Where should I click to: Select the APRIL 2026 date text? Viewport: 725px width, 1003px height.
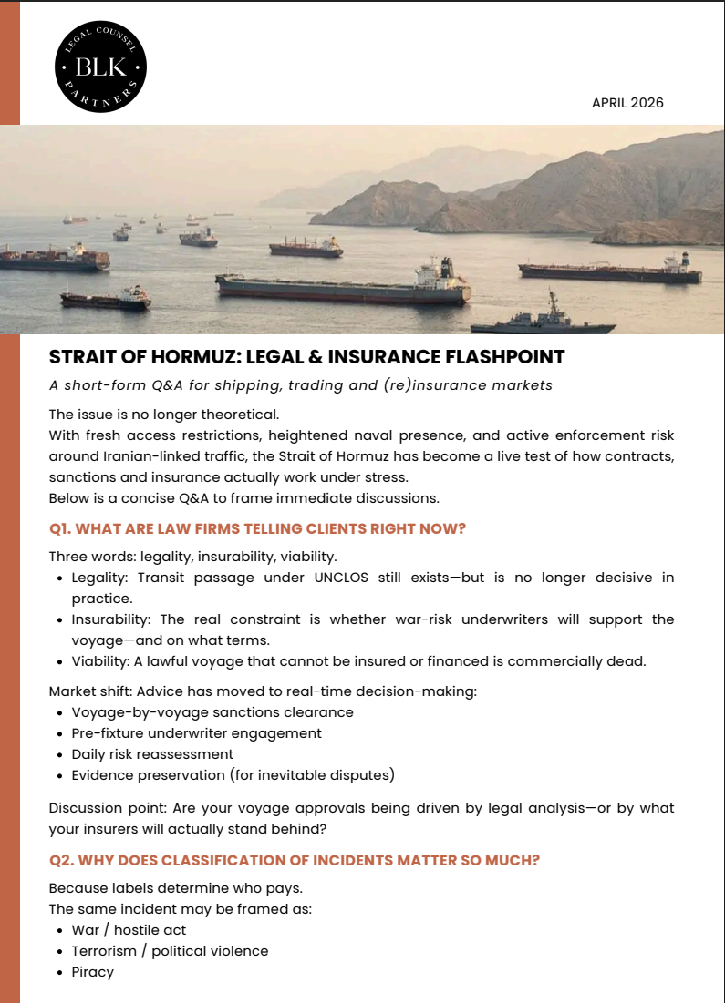[627, 103]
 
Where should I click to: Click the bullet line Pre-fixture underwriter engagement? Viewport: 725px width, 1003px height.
[196, 732]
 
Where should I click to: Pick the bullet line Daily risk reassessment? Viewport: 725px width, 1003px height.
[152, 754]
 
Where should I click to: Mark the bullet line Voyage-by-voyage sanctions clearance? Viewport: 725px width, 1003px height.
[212, 712]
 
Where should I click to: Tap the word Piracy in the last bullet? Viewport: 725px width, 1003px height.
[93, 972]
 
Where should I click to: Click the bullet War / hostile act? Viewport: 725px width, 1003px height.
[129, 930]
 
